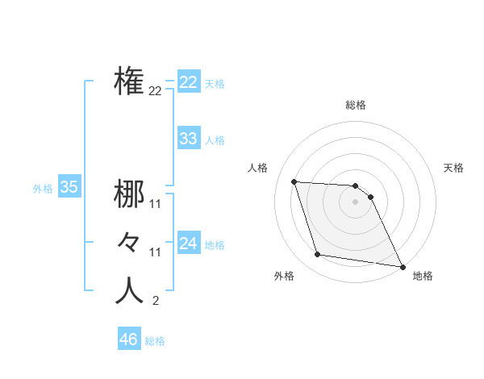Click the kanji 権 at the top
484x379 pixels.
[x=129, y=81]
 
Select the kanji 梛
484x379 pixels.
[x=129, y=194]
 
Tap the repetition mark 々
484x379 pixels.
[x=129, y=242]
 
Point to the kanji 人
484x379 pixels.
[x=129, y=290]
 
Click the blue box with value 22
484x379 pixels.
[x=188, y=82]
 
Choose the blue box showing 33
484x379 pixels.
[x=188, y=139]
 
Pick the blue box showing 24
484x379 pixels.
[x=188, y=243]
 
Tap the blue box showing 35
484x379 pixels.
[x=69, y=188]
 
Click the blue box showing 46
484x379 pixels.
[x=128, y=339]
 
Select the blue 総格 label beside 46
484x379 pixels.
[x=155, y=341]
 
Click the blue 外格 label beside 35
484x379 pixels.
[x=43, y=189]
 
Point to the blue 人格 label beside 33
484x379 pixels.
[x=215, y=140]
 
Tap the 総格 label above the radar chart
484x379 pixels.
[x=356, y=105]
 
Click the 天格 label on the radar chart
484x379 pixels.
[x=454, y=168]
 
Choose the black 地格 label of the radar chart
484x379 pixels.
[x=423, y=277]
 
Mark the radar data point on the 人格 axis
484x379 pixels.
[x=294, y=181]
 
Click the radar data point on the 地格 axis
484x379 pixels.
[x=402, y=266]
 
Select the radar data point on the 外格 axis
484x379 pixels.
[x=318, y=255]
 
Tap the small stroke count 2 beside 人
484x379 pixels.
[x=155, y=302]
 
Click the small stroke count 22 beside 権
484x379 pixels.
[x=155, y=91]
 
